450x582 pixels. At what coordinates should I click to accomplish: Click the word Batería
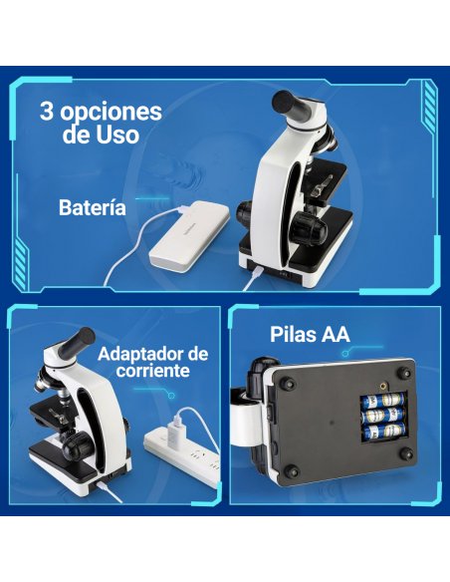[x=93, y=208]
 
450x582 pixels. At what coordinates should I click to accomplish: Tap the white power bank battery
[x=195, y=236]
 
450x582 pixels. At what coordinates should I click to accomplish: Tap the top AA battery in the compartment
[x=382, y=401]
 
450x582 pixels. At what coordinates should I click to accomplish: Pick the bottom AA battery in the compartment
[x=383, y=432]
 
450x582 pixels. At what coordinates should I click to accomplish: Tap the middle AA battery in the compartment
[x=383, y=417]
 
